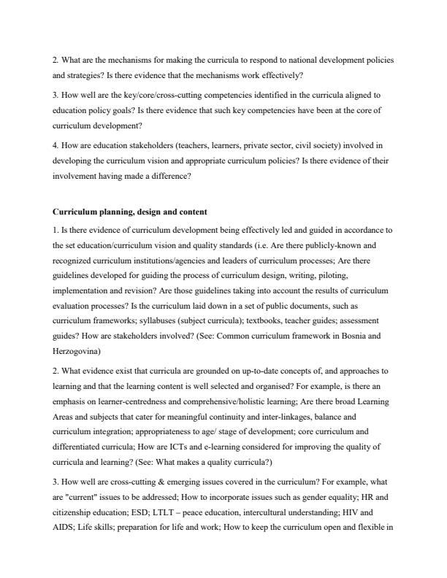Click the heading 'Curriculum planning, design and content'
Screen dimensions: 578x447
[130, 212]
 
